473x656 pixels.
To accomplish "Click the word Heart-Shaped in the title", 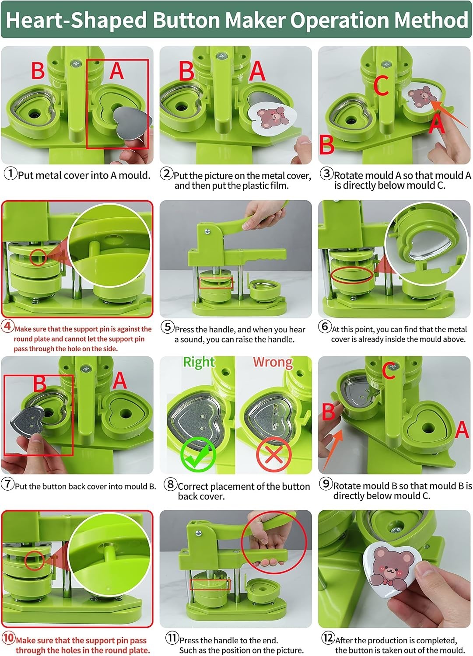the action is pos(76,20).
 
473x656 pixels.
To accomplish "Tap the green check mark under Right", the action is pos(198,454).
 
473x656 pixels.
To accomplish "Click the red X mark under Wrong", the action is pos(274,454).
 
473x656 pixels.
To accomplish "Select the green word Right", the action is pos(199,363).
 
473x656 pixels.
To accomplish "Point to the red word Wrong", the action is pos(273,362).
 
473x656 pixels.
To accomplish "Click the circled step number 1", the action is pos(10,174).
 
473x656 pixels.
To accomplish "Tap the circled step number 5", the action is pos(168,327).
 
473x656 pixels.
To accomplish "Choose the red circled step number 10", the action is pos(8,638).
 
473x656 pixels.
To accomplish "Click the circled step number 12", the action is pos(328,637).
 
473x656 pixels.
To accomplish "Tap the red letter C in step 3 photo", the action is pos(381,85).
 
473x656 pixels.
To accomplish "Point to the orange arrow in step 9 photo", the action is pos(333,450).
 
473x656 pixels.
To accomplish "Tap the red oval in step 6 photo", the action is pos(352,275).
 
